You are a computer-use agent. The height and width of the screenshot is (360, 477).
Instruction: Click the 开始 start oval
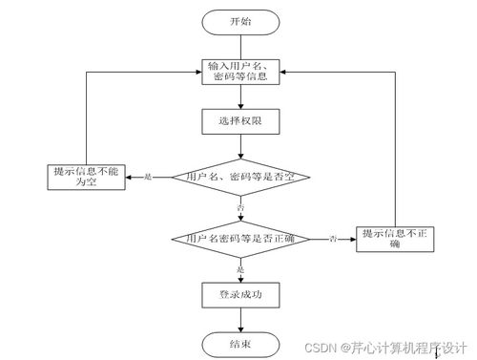(x=240, y=21)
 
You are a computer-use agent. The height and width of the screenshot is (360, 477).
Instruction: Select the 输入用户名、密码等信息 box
(x=240, y=72)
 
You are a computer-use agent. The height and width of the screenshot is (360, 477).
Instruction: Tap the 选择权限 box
(x=240, y=121)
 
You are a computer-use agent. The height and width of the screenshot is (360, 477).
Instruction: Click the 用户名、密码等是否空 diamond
(x=239, y=177)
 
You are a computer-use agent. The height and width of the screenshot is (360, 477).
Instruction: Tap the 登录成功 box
(x=239, y=294)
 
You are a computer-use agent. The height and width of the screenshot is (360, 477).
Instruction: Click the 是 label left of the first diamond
(x=148, y=177)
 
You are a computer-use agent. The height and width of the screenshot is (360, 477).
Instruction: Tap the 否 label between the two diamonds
(x=239, y=207)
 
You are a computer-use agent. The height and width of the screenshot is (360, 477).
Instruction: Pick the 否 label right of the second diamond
(x=333, y=237)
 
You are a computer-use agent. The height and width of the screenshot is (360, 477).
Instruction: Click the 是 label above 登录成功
(x=239, y=268)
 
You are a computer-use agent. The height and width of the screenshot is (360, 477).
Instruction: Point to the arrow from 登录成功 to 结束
(x=239, y=319)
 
